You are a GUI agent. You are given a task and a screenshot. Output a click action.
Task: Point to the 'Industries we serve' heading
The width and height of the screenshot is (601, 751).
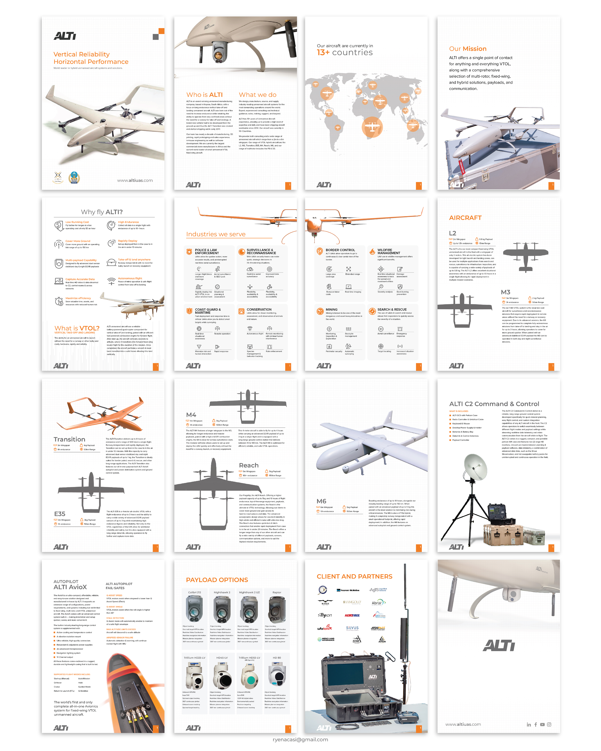tap(216, 234)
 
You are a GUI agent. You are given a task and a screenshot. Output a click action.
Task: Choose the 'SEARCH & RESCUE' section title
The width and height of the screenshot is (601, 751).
tap(392, 309)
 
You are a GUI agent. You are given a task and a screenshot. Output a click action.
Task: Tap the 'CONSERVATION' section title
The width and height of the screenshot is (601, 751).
tap(259, 309)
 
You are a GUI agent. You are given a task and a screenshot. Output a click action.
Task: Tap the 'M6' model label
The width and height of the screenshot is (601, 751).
tap(321, 501)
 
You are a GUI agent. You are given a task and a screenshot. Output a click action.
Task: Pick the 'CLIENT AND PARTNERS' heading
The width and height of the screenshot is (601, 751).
tap(354, 576)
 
